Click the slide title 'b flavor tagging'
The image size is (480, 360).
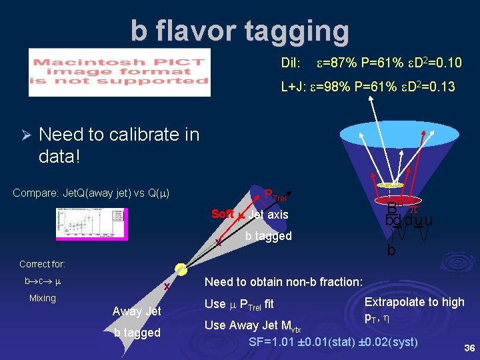tap(239, 31)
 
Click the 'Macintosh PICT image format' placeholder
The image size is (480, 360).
tap(119, 72)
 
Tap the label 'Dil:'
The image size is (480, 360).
tap(291, 63)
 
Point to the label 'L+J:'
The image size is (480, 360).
tap(295, 86)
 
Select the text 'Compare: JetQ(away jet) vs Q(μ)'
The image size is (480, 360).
tap(91, 193)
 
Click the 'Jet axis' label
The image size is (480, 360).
tap(268, 215)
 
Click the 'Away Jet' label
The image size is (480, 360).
tap(137, 311)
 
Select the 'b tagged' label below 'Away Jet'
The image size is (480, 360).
tap(137, 333)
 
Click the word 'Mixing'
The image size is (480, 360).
tap(43, 298)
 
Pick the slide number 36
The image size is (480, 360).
tap(468, 347)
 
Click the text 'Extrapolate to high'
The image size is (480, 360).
tap(414, 302)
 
